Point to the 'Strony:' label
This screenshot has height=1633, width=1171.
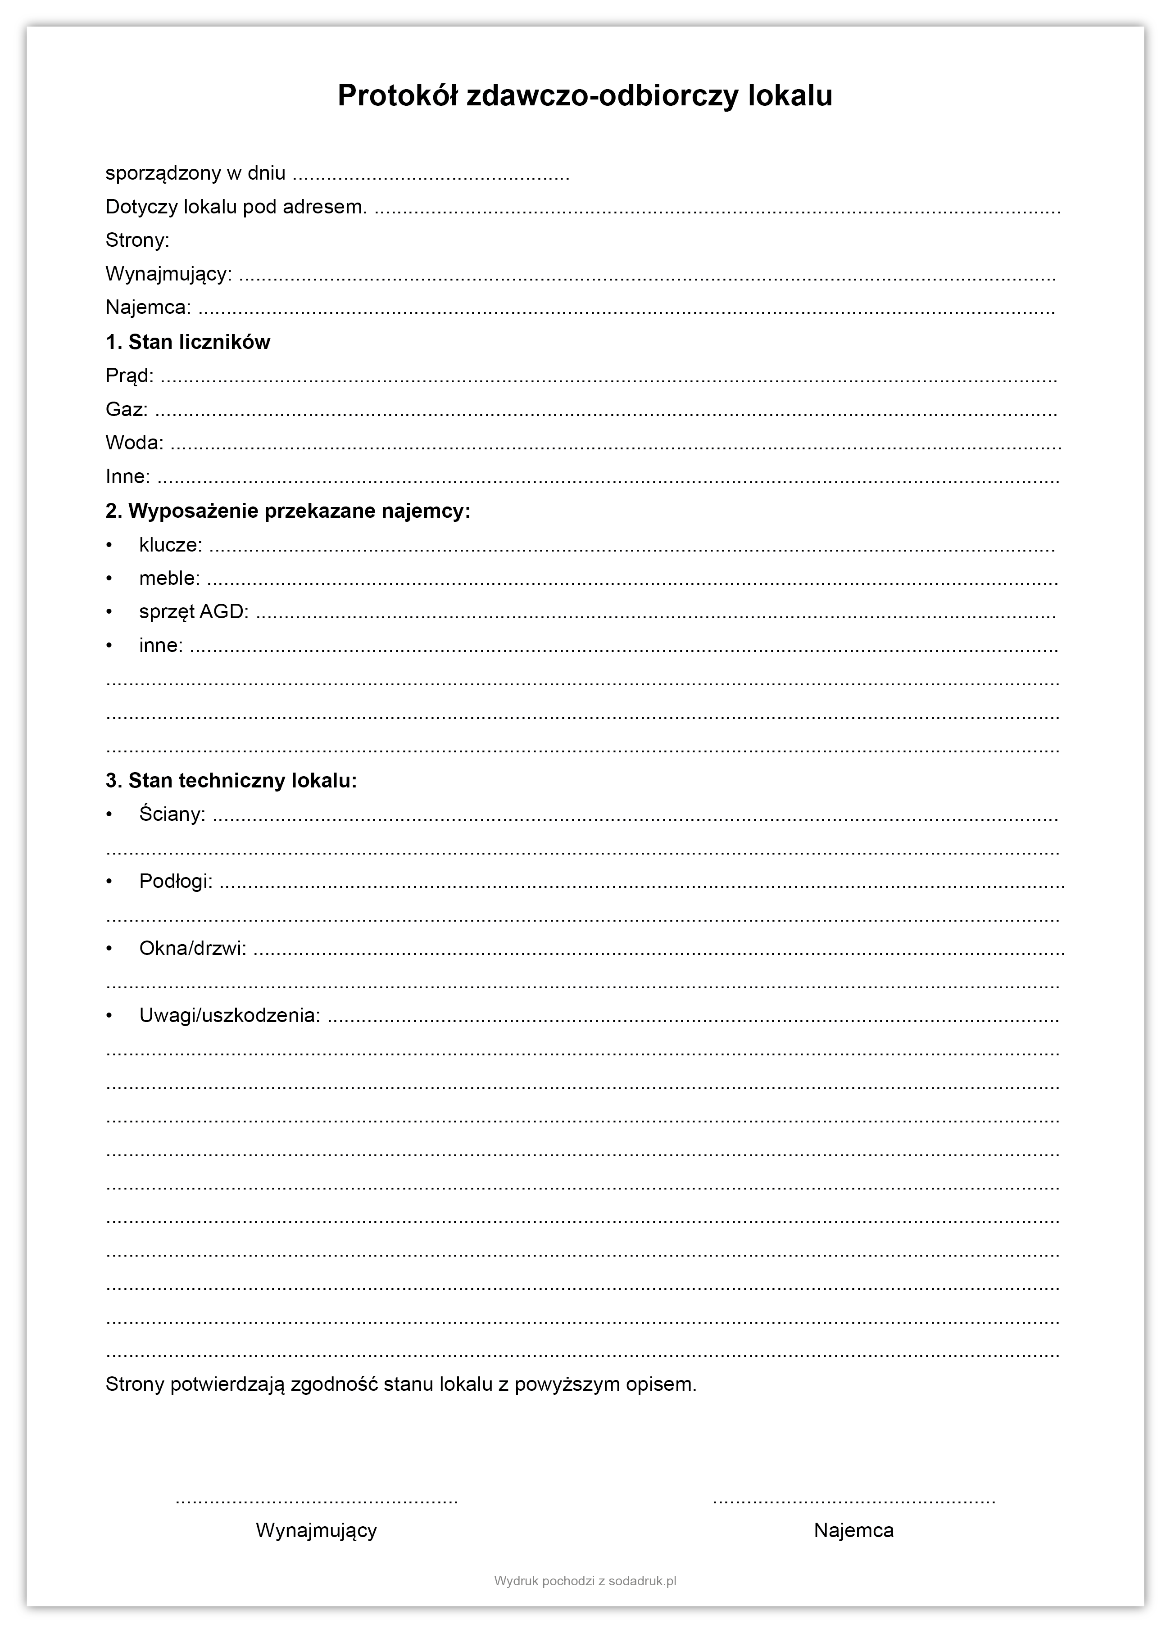click(137, 240)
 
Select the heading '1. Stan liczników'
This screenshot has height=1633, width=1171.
click(188, 342)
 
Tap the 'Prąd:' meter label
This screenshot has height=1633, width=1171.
click(130, 376)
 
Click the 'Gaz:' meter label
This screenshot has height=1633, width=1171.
click(127, 410)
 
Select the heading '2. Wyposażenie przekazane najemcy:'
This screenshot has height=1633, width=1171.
click(288, 511)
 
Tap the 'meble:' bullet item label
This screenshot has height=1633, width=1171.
click(170, 578)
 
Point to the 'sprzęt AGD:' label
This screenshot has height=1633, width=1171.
click(194, 612)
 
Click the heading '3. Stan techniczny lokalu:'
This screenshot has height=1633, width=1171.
click(231, 781)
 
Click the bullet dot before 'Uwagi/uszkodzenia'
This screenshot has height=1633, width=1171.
click(109, 1016)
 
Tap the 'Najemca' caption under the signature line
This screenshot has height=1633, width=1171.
click(853, 1531)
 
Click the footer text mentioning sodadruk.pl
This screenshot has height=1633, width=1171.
click(585, 1581)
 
